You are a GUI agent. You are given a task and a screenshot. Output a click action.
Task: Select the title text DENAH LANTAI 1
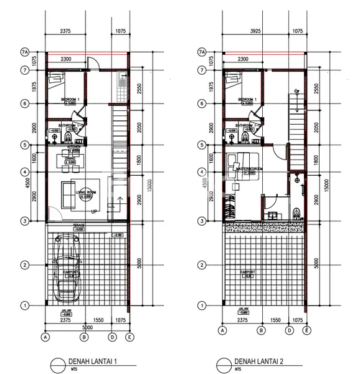(x=93, y=361)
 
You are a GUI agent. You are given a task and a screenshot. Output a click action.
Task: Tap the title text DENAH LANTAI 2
(x=260, y=361)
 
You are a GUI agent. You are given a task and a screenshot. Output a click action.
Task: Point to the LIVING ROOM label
(x=87, y=191)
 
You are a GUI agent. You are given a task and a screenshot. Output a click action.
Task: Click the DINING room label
(x=70, y=159)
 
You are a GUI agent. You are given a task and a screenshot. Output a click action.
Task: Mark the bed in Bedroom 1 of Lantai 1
(x=58, y=80)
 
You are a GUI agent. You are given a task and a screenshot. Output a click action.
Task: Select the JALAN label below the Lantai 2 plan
(x=244, y=309)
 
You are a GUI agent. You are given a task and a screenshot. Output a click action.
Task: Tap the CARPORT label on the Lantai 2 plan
(x=249, y=272)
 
